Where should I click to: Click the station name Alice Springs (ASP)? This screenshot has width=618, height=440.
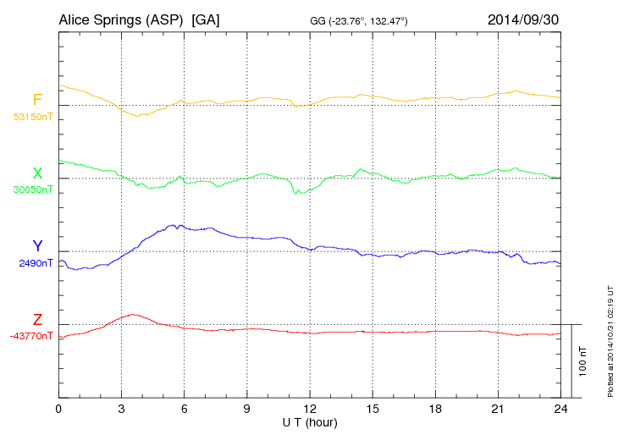pyautogui.click(x=122, y=19)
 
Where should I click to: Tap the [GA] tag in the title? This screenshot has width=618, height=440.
pyautogui.click(x=207, y=19)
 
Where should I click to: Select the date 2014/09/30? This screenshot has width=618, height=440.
pyautogui.click(x=522, y=19)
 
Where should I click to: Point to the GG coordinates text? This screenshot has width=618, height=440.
pyautogui.click(x=359, y=20)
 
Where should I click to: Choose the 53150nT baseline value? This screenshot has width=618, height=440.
pyautogui.click(x=33, y=116)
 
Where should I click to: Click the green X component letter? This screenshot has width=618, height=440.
pyautogui.click(x=37, y=174)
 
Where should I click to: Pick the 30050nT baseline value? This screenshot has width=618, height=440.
pyautogui.click(x=33, y=190)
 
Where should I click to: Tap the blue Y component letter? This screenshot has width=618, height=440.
pyautogui.click(x=37, y=246)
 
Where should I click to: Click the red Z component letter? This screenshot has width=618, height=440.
pyautogui.click(x=37, y=320)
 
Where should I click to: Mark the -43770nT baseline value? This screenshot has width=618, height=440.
pyautogui.click(x=31, y=336)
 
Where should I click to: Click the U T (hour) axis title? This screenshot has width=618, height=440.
pyautogui.click(x=309, y=421)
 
